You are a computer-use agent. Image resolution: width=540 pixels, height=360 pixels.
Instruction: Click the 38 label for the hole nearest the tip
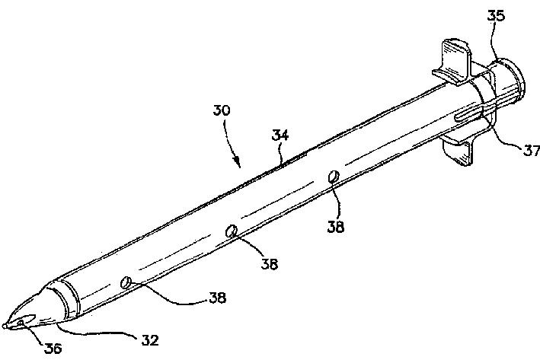pos(217,298)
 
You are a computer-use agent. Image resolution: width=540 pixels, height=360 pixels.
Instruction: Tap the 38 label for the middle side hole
pos(268,264)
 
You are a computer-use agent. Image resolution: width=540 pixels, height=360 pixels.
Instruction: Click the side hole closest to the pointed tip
pos(126,283)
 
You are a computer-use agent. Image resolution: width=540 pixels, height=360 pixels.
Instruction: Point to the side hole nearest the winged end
pos(333,177)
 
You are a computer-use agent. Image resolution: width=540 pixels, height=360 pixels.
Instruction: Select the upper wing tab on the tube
pos(454,60)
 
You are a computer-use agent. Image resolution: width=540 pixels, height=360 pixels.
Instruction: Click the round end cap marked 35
pos(509,80)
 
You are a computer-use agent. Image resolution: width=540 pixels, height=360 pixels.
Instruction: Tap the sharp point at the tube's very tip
pos(5,326)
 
